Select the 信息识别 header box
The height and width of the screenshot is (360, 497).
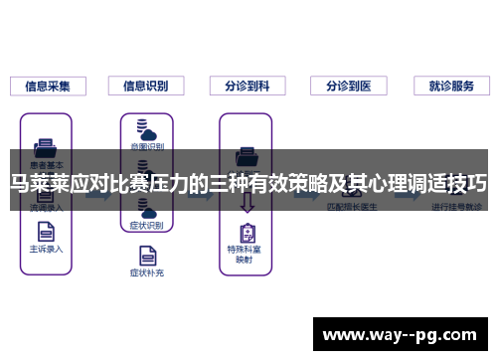tap(145, 87)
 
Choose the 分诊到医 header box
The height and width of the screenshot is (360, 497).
tap(348, 87)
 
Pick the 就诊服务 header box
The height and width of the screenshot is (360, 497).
tap(451, 87)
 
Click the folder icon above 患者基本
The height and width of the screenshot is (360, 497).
tap(46, 145)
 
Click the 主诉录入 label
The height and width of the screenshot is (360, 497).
tap(46, 250)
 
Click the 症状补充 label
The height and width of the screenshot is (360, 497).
tap(145, 270)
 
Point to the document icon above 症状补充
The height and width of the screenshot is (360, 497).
tap(145, 252)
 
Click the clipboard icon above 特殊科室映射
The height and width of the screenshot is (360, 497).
tap(247, 234)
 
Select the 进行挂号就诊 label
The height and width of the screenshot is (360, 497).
tap(455, 207)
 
